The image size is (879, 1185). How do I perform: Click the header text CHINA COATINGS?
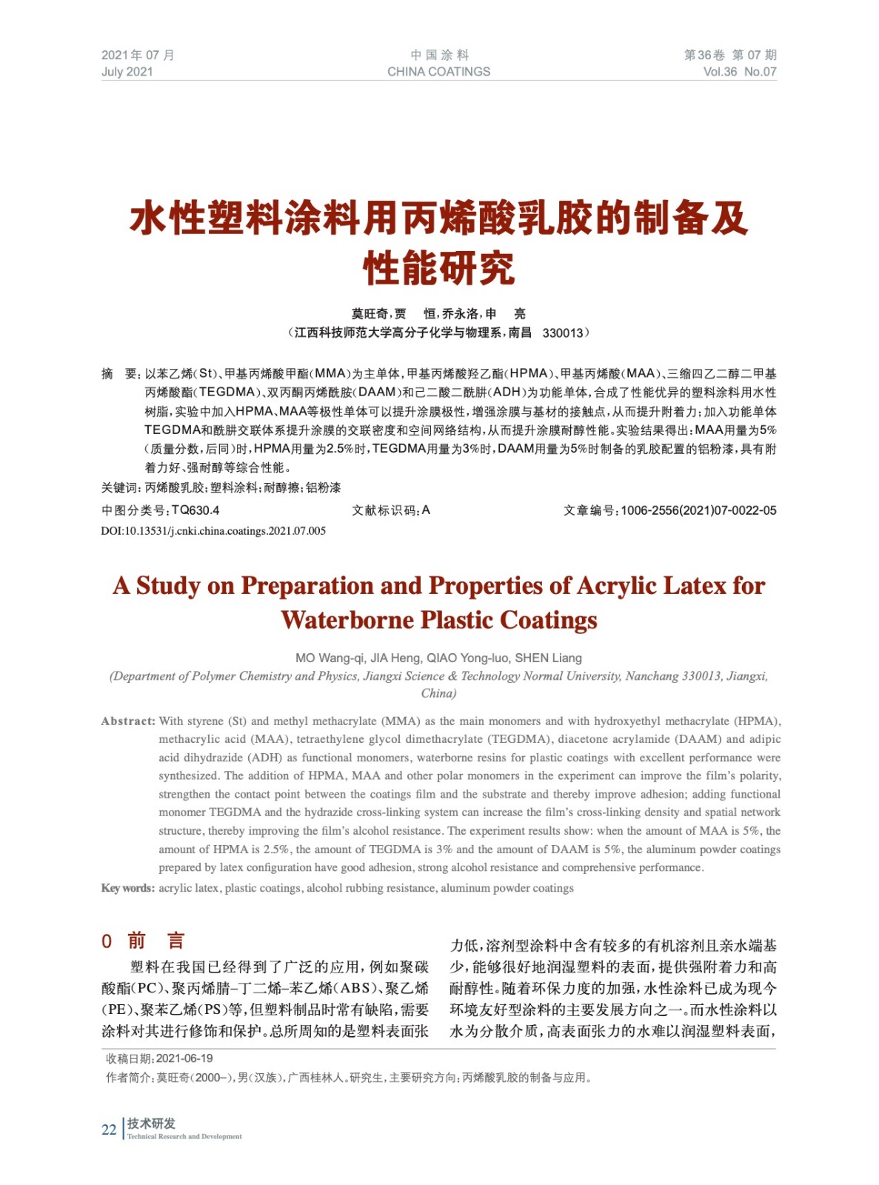[438, 72]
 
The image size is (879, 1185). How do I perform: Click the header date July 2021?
[127, 72]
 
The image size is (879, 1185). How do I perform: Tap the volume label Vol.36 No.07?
[739, 72]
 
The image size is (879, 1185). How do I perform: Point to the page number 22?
[109, 1129]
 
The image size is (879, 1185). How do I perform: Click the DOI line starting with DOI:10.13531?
[213, 531]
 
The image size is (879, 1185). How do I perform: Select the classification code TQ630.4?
[195, 510]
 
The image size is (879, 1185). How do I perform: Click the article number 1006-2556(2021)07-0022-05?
[698, 510]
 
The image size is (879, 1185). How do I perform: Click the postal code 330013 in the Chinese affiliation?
[562, 333]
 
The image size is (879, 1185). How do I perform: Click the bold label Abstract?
[128, 721]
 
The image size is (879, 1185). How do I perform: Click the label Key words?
[127, 888]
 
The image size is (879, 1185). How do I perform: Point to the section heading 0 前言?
[143, 941]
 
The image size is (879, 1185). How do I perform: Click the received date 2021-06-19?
[184, 1058]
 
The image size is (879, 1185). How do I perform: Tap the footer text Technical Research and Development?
[184, 1136]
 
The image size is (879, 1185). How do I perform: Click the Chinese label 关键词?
[119, 487]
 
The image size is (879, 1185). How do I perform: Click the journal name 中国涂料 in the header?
[439, 55]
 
